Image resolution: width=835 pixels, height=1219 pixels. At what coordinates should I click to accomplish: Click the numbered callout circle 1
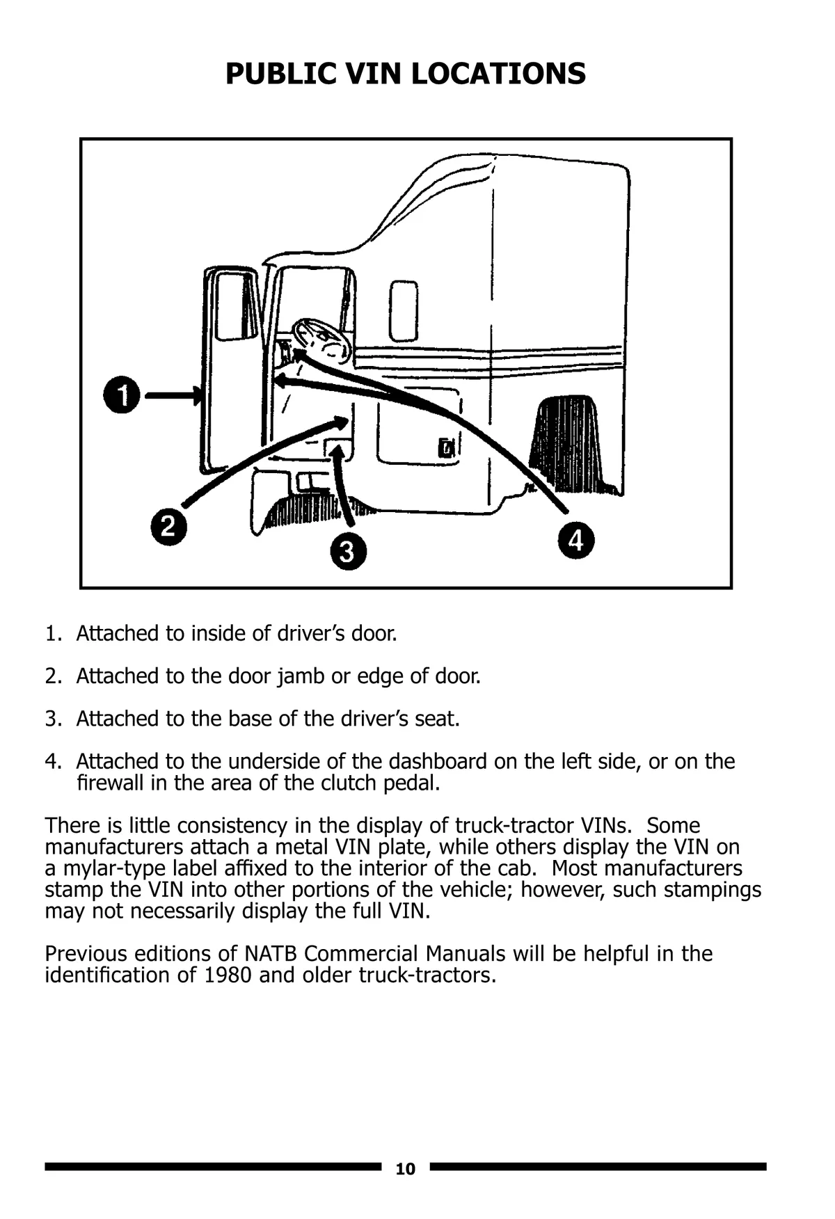click(x=122, y=395)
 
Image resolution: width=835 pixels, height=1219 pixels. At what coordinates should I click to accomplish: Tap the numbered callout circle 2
click(x=168, y=526)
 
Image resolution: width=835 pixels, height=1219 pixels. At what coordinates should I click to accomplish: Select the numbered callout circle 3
click(x=348, y=552)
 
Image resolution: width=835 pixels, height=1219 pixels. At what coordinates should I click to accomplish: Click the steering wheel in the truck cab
click(x=321, y=340)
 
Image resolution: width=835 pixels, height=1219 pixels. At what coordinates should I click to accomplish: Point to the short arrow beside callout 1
click(x=173, y=395)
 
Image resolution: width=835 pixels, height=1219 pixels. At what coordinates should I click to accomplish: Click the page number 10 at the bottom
click(x=405, y=1169)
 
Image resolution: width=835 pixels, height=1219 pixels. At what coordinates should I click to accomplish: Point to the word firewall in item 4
click(x=110, y=783)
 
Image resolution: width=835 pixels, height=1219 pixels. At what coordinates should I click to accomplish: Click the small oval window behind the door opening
click(x=404, y=310)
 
